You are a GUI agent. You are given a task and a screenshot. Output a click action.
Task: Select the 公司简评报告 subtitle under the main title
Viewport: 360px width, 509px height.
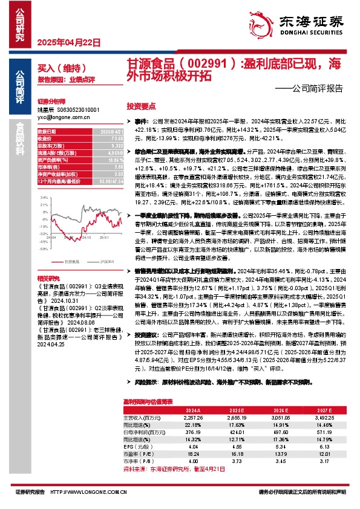pyautogui.click(x=317, y=88)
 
